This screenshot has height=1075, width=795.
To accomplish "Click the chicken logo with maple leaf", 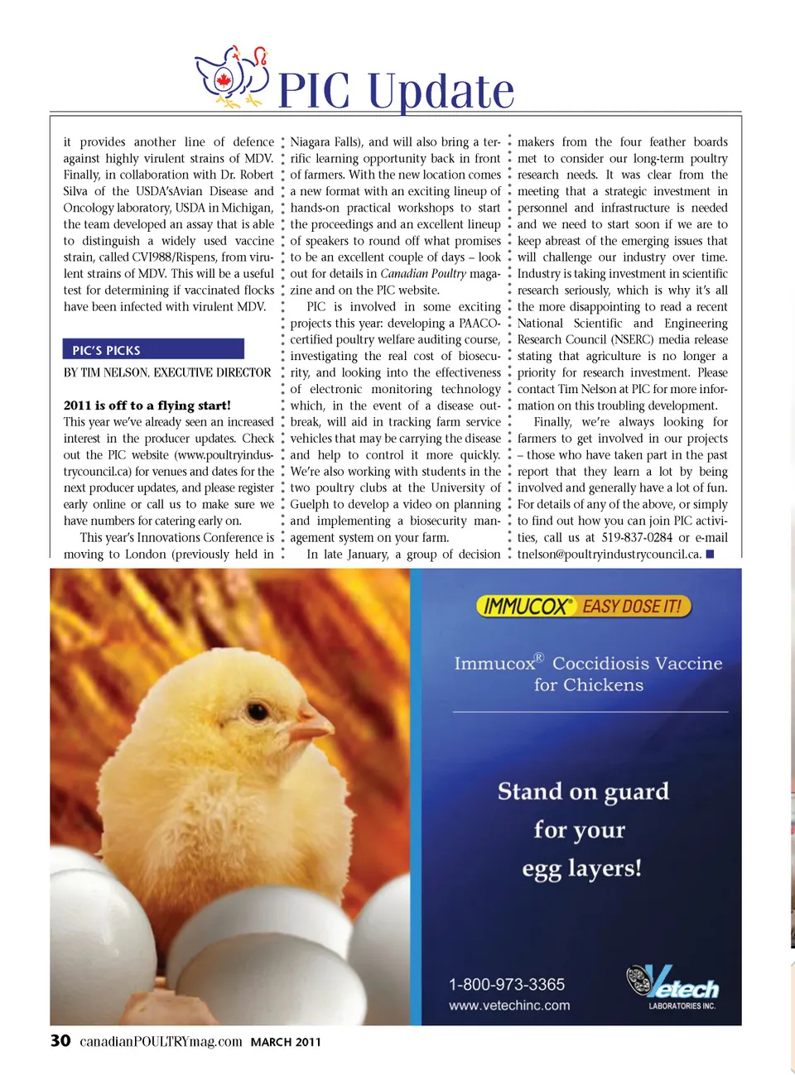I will (x=232, y=77).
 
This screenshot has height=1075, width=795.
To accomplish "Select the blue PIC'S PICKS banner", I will (x=153, y=349).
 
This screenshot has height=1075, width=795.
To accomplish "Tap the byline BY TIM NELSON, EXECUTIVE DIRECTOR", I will (x=167, y=372).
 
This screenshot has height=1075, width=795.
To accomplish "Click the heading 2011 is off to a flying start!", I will (x=147, y=406).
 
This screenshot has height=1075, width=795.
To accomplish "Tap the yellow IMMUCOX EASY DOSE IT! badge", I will (x=584, y=607).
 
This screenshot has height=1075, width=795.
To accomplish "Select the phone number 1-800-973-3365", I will (x=507, y=984).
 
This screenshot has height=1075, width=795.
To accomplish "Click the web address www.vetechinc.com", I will (x=509, y=1005).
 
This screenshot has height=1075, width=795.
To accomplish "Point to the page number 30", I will (x=60, y=1041).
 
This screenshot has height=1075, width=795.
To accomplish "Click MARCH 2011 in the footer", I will (x=286, y=1042).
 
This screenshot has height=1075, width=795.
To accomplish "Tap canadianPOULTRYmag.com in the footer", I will (x=161, y=1041).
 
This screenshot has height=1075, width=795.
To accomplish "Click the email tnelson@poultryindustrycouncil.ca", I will (x=609, y=554).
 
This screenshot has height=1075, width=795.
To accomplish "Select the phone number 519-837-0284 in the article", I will (x=637, y=538).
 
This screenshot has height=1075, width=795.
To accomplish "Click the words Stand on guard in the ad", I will (x=583, y=792).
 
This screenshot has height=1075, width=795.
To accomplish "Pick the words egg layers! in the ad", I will (x=581, y=869).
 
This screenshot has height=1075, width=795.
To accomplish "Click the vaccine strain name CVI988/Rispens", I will (x=175, y=257).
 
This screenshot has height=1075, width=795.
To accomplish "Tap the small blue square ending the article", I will (x=710, y=554).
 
